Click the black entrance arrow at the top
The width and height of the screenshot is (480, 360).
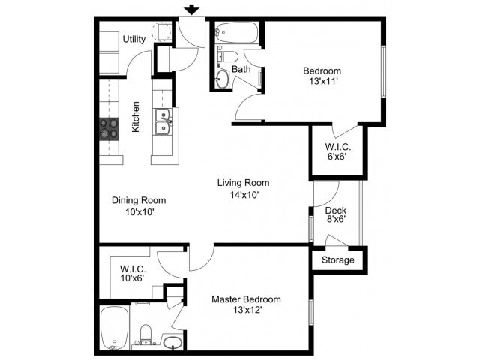[x=192, y=10]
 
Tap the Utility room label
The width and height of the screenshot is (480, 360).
[x=134, y=39]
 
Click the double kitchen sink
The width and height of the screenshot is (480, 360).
[x=163, y=122]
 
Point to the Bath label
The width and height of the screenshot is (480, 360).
[x=241, y=70]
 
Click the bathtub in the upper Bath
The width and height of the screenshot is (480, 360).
[x=236, y=32]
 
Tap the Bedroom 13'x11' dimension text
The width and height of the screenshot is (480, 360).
[x=322, y=82]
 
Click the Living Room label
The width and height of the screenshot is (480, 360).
[x=243, y=183]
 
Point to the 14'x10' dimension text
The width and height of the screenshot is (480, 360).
[x=243, y=195]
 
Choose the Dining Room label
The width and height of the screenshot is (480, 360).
[x=139, y=200]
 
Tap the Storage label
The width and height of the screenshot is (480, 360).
[x=337, y=260]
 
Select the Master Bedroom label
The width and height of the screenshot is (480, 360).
[x=246, y=299]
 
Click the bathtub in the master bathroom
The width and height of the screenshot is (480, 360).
[x=115, y=327]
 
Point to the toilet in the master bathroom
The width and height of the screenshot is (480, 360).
[x=147, y=334]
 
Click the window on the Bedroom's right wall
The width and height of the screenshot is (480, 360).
[x=383, y=71]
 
